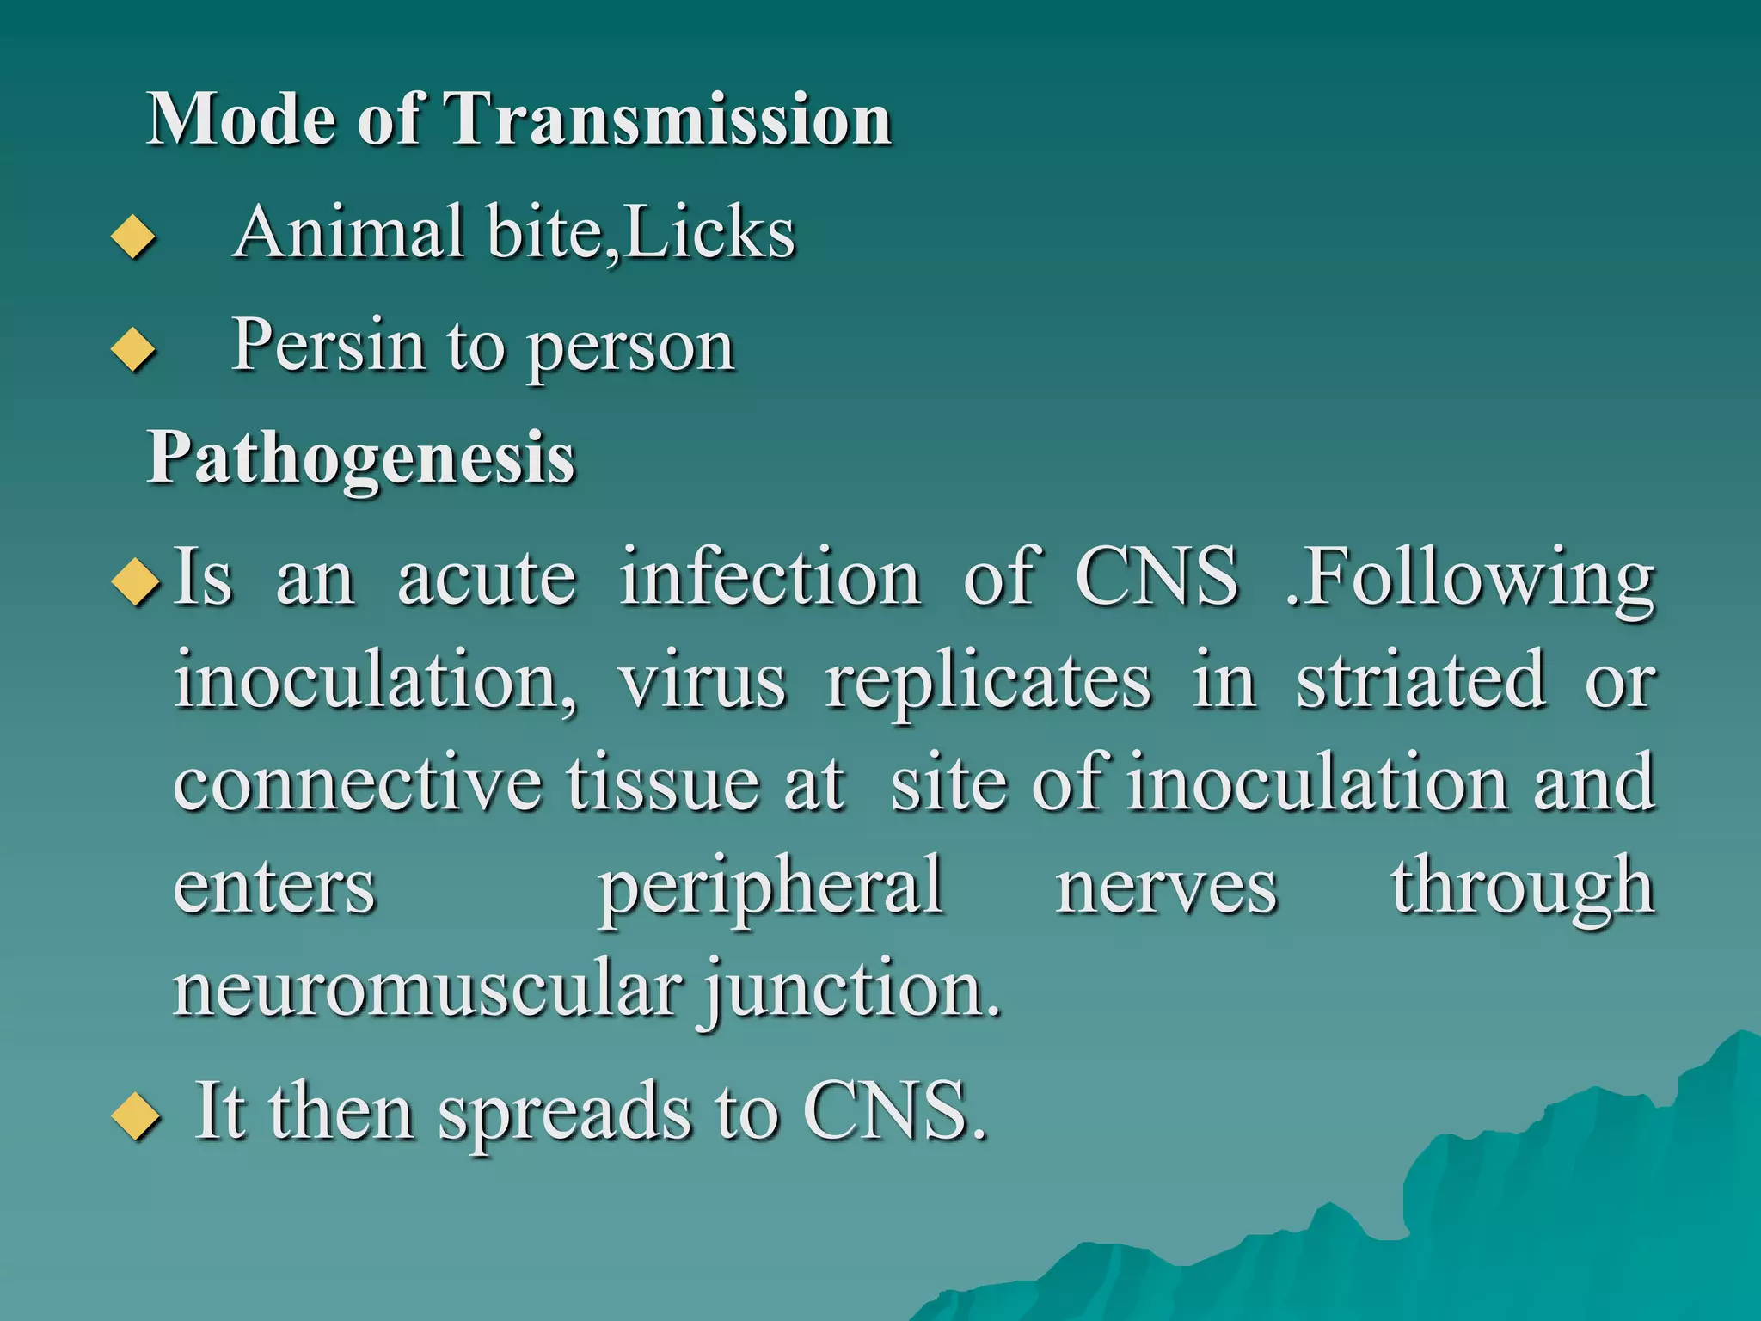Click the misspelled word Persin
pyautogui.click(x=328, y=345)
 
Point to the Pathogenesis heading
pyautogui.click(x=361, y=458)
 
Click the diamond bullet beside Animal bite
pyautogui.click(x=133, y=237)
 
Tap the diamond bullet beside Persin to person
pyautogui.click(x=133, y=349)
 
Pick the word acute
pyautogui.click(x=487, y=578)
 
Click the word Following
pyautogui.click(x=1470, y=578)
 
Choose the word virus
pyautogui.click(x=702, y=681)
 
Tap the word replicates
pyautogui.click(x=988, y=681)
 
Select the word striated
pyautogui.click(x=1420, y=681)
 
